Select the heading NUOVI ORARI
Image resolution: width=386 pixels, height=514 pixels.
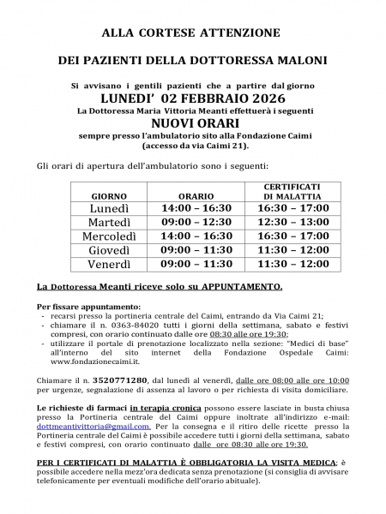click(x=193, y=123)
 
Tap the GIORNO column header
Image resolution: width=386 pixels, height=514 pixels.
click(x=109, y=197)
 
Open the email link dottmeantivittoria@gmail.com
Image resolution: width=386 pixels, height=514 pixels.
click(x=93, y=427)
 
